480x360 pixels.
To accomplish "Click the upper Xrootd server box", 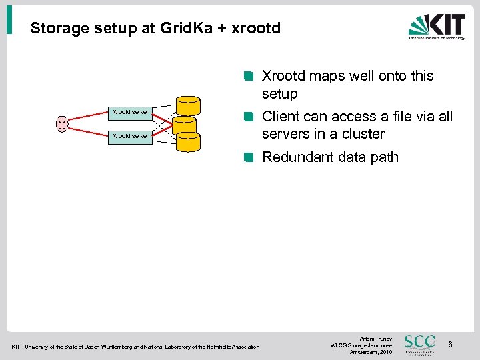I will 131,112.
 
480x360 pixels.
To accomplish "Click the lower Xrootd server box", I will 131,136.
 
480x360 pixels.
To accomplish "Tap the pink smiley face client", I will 62,123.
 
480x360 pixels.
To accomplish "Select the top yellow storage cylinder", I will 189,106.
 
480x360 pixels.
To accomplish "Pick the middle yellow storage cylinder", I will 185,125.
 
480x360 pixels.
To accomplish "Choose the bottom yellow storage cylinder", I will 189,141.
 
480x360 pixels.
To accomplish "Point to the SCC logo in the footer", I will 420,344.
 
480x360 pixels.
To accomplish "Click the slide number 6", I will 451,345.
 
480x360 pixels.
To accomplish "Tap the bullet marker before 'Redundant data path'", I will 248,158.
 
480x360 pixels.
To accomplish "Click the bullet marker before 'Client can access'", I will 248,117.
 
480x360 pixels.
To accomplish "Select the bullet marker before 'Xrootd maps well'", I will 248,76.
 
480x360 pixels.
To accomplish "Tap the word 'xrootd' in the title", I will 255,29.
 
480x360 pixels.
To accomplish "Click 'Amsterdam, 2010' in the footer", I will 371,351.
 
